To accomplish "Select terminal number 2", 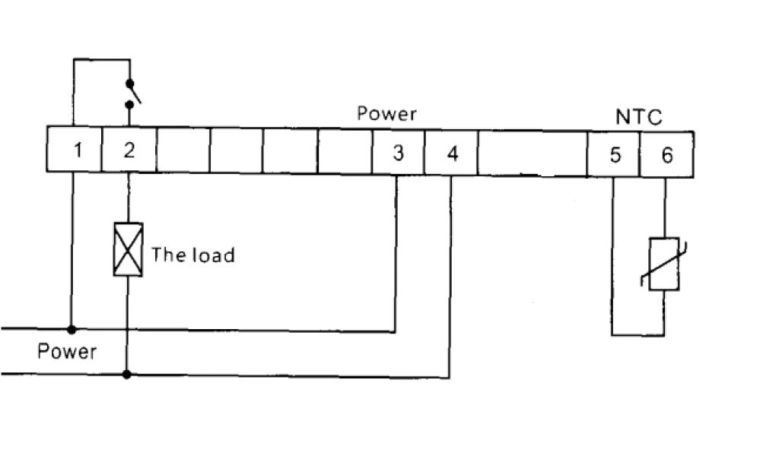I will coord(129,150).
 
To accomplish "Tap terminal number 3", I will coord(398,153).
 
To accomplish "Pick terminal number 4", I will coord(452,153).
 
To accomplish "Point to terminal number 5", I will coord(615,155).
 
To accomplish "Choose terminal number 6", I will coord(666,155).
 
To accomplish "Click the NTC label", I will coord(638,117).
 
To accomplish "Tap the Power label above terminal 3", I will coord(386,114).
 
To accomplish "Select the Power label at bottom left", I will coord(67,352).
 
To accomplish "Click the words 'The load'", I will coord(192,254).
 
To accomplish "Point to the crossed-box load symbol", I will coord(128,249).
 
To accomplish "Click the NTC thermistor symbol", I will coord(663,264).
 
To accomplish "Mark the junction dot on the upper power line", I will coord(72,329).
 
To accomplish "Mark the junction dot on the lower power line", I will coord(127,374).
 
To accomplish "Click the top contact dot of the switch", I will coord(129,82).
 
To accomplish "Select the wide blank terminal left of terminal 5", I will coord(533,154).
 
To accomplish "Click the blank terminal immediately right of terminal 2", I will coord(183,150).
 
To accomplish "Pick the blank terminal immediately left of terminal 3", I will coord(344,152).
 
